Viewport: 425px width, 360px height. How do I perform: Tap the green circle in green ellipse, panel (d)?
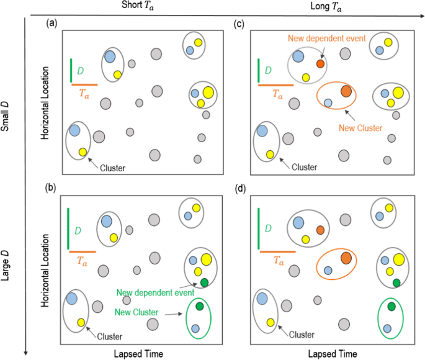coord(391,306)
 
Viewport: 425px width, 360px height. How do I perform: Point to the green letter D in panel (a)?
coord(81,71)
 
